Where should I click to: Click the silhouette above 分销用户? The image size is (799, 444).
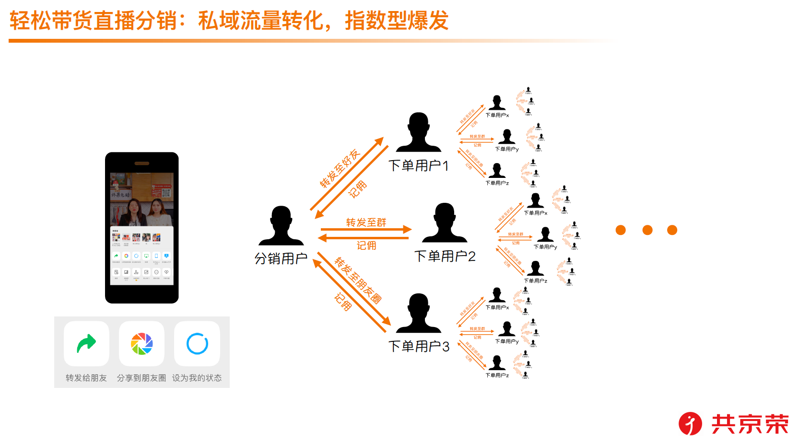click(x=281, y=226)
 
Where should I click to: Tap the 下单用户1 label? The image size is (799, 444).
click(x=418, y=166)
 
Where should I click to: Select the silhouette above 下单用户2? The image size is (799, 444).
click(x=445, y=222)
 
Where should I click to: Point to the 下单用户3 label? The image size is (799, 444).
click(x=419, y=346)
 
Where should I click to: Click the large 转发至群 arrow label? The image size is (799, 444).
click(x=366, y=222)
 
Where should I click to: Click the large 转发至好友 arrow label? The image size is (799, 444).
click(x=340, y=168)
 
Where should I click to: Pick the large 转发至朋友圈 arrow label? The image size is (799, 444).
click(x=358, y=280)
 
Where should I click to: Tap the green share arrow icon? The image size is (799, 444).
click(x=86, y=343)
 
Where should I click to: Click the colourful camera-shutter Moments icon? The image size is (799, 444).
click(x=141, y=343)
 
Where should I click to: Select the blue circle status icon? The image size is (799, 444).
click(x=197, y=343)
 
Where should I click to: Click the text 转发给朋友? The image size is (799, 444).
click(x=86, y=378)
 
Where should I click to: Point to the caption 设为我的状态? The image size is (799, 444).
click(x=197, y=378)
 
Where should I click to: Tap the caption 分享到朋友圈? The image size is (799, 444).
click(x=141, y=378)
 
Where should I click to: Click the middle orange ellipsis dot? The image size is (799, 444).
click(x=647, y=230)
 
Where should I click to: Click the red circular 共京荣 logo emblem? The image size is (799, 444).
click(x=690, y=424)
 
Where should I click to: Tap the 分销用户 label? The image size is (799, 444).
click(x=281, y=259)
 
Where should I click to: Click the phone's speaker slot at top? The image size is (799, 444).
click(x=142, y=164)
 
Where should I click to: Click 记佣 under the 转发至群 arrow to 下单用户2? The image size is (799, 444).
click(x=366, y=245)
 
